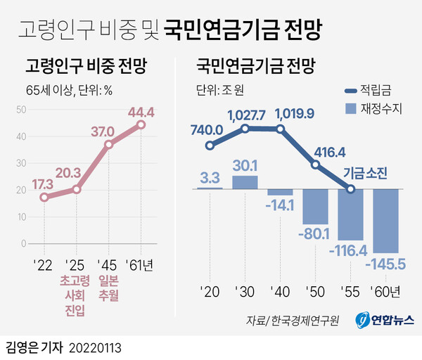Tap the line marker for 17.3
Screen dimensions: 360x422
pos(44,198)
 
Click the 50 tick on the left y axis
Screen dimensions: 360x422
pos(21,110)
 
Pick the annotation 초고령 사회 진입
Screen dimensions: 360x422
pos(76,295)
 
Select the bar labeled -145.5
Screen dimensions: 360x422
pos(387,221)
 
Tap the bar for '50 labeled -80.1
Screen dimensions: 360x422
pos(316,205)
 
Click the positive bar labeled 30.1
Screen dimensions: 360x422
pos(244,182)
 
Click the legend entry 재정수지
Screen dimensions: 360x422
pos(369,110)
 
